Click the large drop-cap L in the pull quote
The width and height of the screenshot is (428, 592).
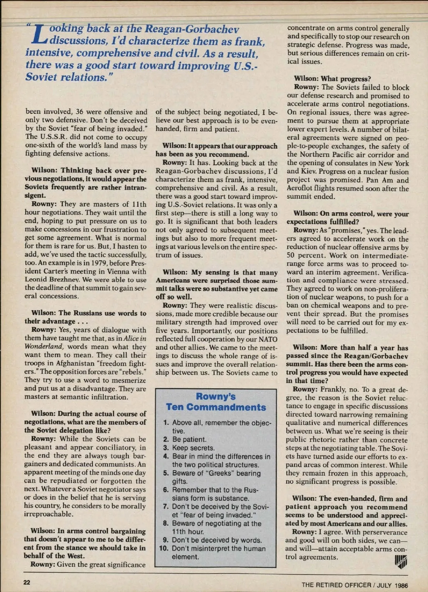tap(39, 35)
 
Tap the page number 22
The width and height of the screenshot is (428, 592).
tap(27, 582)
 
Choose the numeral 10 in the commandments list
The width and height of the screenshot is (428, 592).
tap(164, 548)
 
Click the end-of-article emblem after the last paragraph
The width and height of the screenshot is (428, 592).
tap(401, 561)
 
